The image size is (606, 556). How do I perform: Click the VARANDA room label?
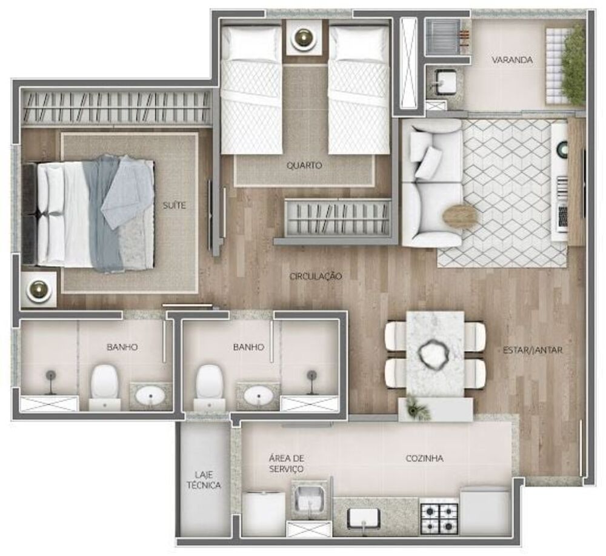tap(512, 60)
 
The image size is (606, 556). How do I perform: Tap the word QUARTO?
tap(304, 165)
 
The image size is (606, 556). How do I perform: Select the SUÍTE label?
tap(174, 206)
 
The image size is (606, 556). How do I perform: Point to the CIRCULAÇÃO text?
tap(316, 276)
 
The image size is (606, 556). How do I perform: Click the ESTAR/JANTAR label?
tap(533, 350)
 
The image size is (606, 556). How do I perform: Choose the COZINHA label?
tap(424, 458)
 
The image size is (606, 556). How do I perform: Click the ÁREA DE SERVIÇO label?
tap(286, 464)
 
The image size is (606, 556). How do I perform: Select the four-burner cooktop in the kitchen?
tap(439, 516)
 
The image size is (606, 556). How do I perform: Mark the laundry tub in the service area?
tap(309, 500)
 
